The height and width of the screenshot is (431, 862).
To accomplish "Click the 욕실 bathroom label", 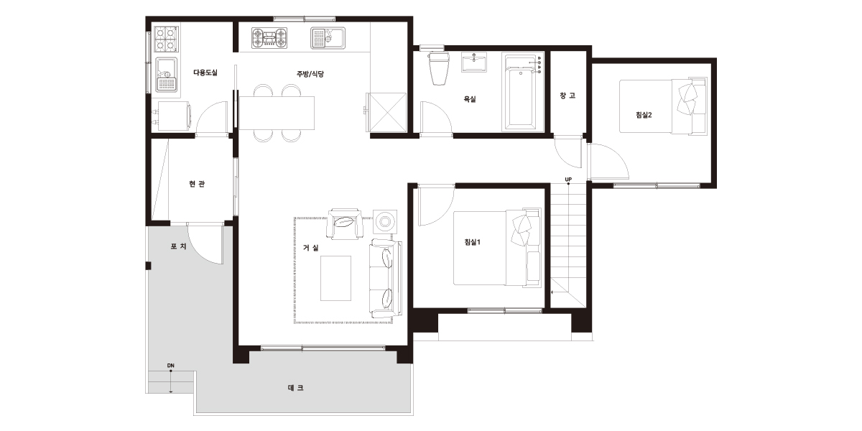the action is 470,99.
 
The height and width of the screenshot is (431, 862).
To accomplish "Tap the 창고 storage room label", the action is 567,96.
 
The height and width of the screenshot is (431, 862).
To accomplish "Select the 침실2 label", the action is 644,115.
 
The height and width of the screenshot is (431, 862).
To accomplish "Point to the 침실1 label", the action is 472,242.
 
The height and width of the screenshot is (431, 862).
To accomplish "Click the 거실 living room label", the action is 311,248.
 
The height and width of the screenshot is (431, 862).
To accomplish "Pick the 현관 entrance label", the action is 197,184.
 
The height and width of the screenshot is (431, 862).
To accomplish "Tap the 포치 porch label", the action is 179,246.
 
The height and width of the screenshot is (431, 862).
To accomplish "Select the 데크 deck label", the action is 295,388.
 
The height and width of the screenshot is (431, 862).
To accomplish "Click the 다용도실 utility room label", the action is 205,73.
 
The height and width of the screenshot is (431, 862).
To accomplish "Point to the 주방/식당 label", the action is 310,74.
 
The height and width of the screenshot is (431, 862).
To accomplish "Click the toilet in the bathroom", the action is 439,68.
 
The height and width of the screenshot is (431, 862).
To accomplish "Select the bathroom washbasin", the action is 475,62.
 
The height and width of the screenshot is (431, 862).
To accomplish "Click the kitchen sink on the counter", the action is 328,38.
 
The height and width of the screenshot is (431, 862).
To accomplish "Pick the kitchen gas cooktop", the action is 269,38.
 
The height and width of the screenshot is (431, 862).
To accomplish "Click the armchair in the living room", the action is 345,224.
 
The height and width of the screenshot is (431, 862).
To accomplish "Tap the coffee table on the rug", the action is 336,278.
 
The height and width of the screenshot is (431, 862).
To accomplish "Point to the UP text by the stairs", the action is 568,180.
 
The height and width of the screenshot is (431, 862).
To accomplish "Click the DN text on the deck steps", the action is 171,365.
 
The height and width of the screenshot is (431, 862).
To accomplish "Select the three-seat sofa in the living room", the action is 386,278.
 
